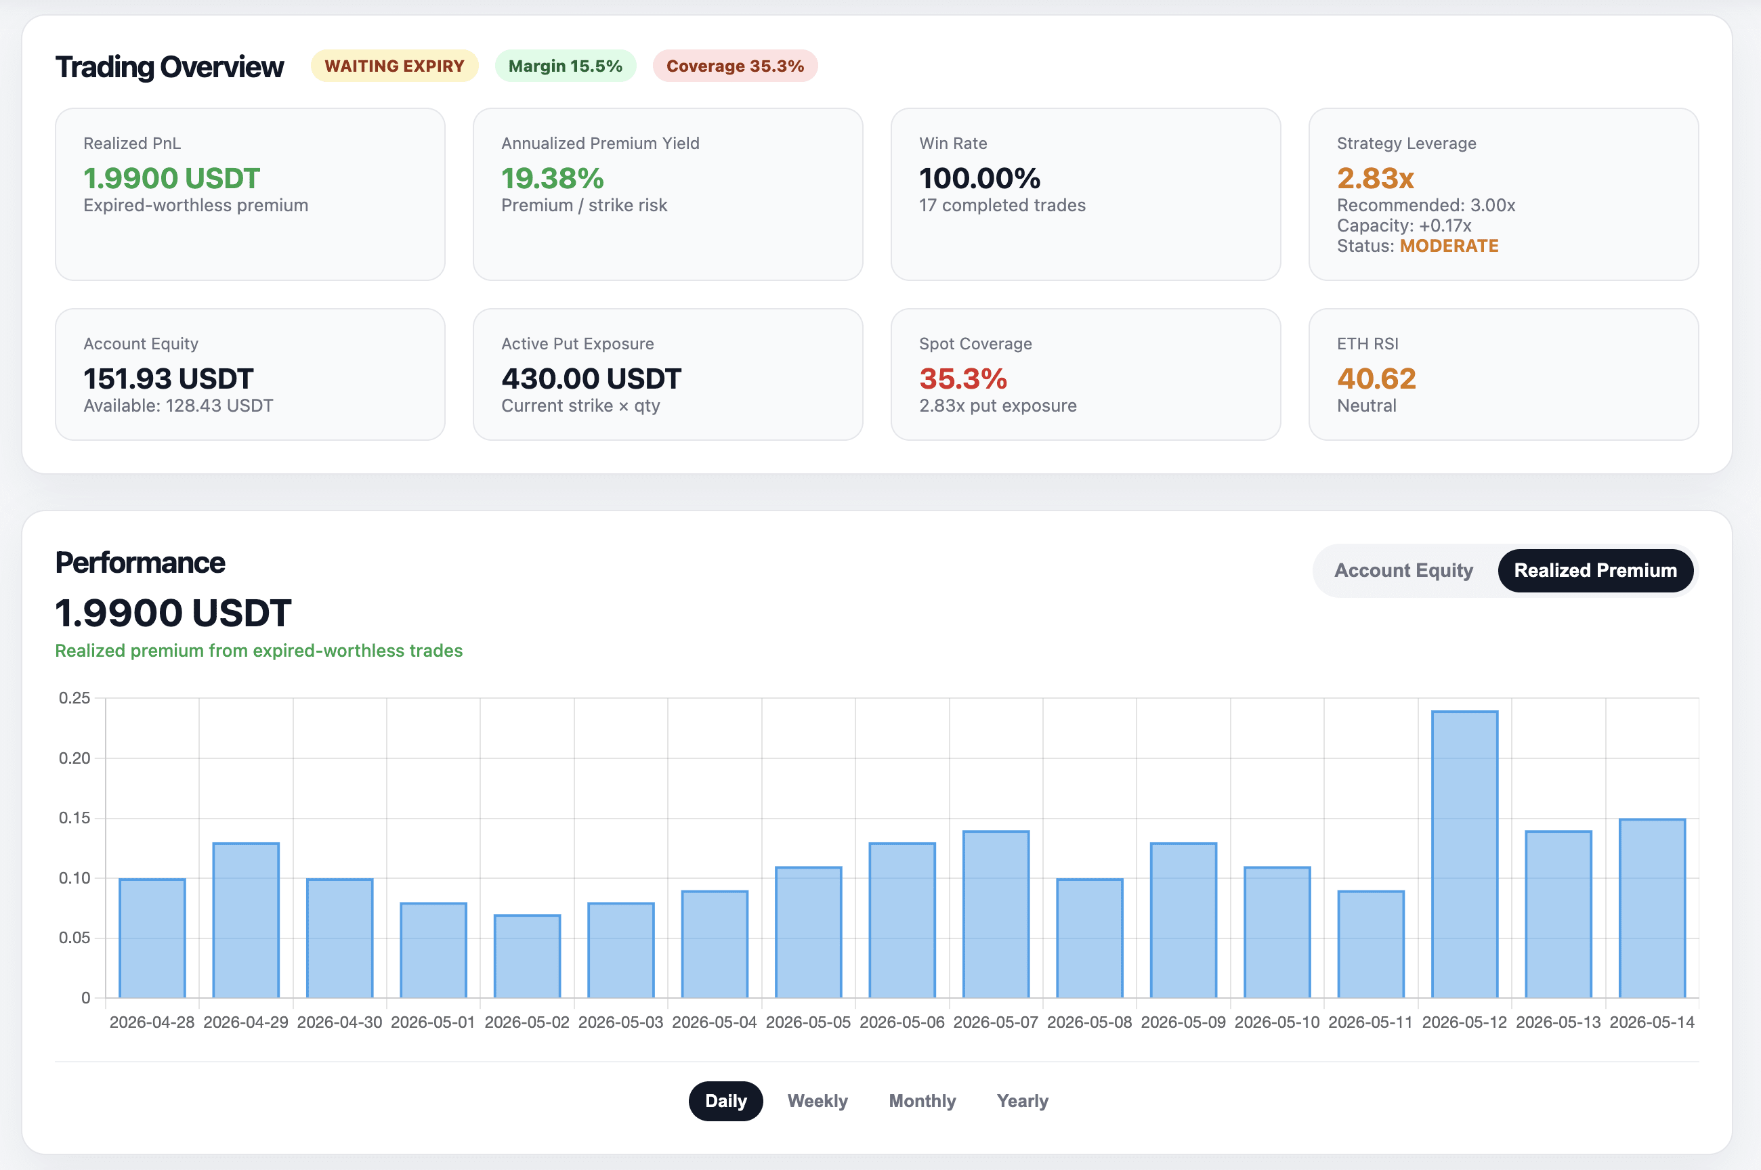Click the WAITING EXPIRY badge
(394, 66)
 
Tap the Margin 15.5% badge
(565, 66)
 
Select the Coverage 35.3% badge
(735, 66)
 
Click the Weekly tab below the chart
(817, 1101)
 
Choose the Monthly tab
(922, 1101)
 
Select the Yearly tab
(1022, 1101)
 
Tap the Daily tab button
(725, 1101)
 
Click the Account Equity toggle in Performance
(1403, 570)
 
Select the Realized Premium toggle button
(1595, 570)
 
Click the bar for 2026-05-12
(1464, 854)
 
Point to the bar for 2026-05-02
(527, 956)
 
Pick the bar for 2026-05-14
(1652, 908)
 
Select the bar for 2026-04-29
(245, 920)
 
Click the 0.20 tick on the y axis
(75, 758)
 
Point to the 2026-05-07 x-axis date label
(996, 1022)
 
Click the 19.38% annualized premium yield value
(552, 177)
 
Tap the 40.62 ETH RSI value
(1376, 378)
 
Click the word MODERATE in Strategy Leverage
(1449, 246)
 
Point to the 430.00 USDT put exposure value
(591, 378)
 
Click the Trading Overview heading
(169, 66)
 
